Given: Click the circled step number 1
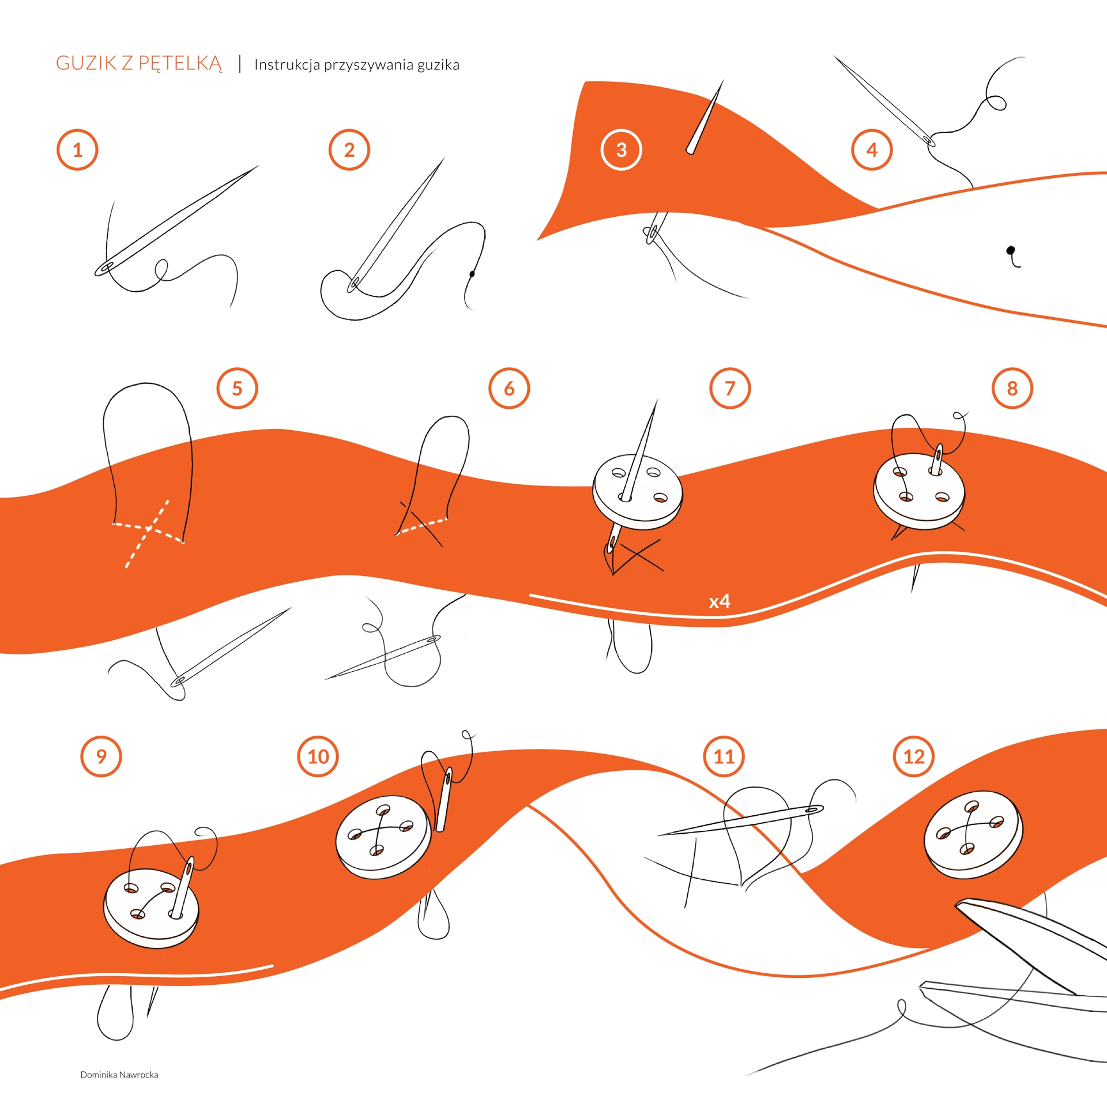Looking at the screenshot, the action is click(77, 150).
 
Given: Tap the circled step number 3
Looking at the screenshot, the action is click(621, 150).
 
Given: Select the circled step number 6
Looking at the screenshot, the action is click(509, 389).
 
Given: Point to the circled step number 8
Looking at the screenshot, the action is click(1012, 389).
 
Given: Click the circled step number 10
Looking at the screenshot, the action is click(318, 756).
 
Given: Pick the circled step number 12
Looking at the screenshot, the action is click(914, 756).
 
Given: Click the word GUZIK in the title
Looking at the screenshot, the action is click(86, 63).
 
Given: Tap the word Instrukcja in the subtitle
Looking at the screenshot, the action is click(287, 65).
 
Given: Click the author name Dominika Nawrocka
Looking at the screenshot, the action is click(119, 1075).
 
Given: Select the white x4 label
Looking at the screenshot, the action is click(720, 601).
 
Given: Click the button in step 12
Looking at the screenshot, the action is click(973, 834).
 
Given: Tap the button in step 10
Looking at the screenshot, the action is click(383, 837).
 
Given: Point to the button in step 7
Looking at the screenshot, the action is click(638, 492).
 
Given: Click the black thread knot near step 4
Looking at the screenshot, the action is click(1011, 250).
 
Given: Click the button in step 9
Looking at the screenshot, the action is click(151, 907).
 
